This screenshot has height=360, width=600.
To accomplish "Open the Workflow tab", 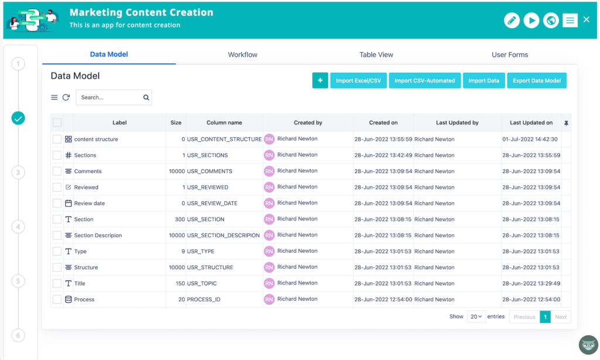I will coord(243,55).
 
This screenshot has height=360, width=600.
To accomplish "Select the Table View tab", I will coord(376,55).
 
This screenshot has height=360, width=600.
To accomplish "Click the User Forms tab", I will coord(510,55).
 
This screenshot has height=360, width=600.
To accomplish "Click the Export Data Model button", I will coord(537,81).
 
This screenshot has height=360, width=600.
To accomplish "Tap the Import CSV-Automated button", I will coord(424,81).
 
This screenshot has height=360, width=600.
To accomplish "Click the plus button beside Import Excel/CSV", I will coord(320,81).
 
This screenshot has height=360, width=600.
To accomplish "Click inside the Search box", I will coord(110,97).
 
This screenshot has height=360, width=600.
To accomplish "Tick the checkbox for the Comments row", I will coord(57,171).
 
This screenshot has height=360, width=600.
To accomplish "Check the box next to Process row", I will coord(57,300).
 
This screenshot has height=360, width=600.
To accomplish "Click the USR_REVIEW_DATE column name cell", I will coord(212,203).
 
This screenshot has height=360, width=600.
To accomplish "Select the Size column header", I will coord(176,123).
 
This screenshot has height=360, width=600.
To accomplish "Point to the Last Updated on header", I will coord(531,123).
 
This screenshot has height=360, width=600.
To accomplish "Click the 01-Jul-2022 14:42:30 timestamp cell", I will coord(530,140).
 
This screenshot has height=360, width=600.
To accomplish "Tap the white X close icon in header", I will coord(587,20).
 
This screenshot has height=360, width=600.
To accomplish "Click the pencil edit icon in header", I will coord(512,21).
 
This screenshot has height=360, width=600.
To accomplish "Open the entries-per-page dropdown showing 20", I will coord(476,317).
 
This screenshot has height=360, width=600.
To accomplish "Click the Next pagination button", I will coord(561,317).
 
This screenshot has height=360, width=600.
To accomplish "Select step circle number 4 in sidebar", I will coord(18,227).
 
